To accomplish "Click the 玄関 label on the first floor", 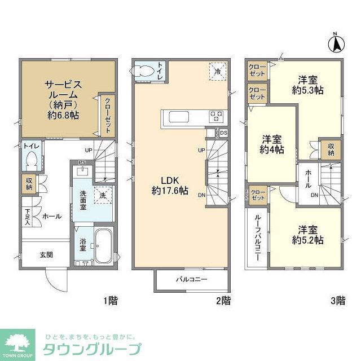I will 46,255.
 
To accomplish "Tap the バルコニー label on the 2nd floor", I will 191,279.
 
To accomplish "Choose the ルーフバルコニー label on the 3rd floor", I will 257,237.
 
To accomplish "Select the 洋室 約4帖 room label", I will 272,144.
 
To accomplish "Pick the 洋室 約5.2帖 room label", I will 307,235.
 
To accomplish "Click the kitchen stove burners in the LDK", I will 217,116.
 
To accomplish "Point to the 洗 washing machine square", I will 102,195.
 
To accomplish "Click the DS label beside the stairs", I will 224,133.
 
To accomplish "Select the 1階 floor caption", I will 110,301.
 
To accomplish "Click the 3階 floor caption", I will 337,301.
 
